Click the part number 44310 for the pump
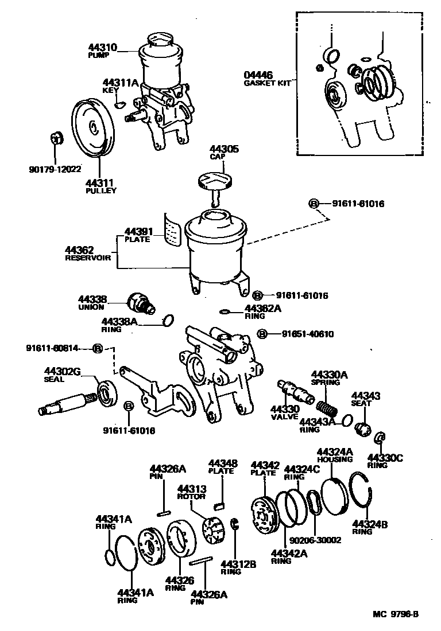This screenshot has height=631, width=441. [x=102, y=48]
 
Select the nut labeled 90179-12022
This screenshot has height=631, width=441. [x=56, y=138]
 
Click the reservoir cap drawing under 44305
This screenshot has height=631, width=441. [x=214, y=182]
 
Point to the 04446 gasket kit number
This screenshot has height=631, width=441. [x=258, y=75]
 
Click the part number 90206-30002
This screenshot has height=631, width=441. [x=315, y=540]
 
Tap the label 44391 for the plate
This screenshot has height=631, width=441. [x=137, y=232]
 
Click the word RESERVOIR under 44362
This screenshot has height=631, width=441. [x=87, y=258]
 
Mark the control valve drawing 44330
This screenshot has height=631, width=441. [x=294, y=392]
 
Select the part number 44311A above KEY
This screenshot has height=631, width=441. [x=121, y=83]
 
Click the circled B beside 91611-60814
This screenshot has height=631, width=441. [x=98, y=348]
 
